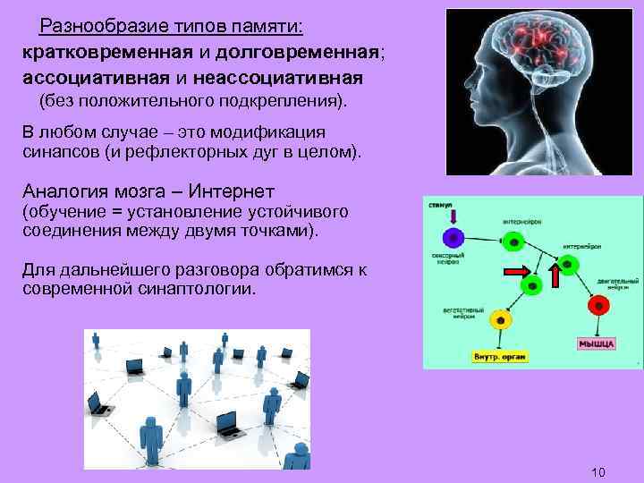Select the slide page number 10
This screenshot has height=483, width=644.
click(599, 471)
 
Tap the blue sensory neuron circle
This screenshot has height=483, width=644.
click(454, 239)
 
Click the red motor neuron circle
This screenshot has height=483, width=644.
click(597, 305)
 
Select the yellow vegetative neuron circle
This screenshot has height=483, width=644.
click(499, 319)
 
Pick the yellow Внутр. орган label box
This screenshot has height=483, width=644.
click(500, 356)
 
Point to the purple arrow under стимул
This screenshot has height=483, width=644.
click(453, 216)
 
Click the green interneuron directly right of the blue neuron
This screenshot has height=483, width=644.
click(513, 241)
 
